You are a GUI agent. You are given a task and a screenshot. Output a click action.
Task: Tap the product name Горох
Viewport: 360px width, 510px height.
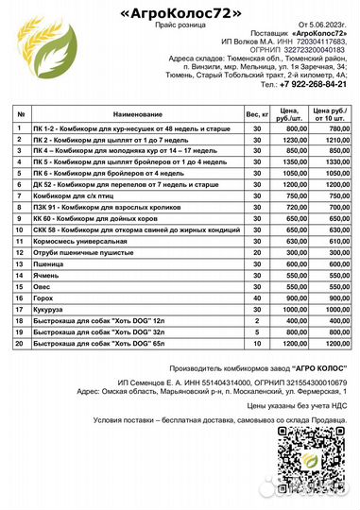[x=43, y=297]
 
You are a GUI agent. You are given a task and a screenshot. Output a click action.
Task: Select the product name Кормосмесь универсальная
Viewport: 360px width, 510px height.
[x=75, y=241]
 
